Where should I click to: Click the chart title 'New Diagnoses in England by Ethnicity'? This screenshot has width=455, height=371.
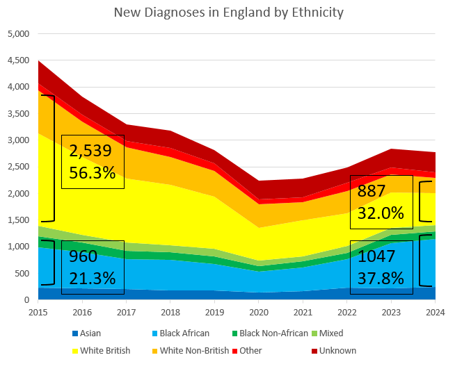(x=228, y=13)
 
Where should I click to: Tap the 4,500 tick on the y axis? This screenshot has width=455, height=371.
(x=18, y=60)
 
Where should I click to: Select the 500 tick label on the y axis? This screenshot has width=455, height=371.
(x=22, y=274)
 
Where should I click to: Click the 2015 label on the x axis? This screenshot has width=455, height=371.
(x=38, y=313)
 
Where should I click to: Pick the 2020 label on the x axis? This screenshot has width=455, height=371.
(x=259, y=313)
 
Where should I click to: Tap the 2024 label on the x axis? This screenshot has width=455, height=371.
(x=435, y=313)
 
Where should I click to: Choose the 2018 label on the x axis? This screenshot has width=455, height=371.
(x=170, y=313)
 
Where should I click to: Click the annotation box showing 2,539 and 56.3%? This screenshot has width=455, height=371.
(x=93, y=162)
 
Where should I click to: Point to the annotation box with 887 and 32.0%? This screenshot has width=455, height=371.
(x=381, y=201)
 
